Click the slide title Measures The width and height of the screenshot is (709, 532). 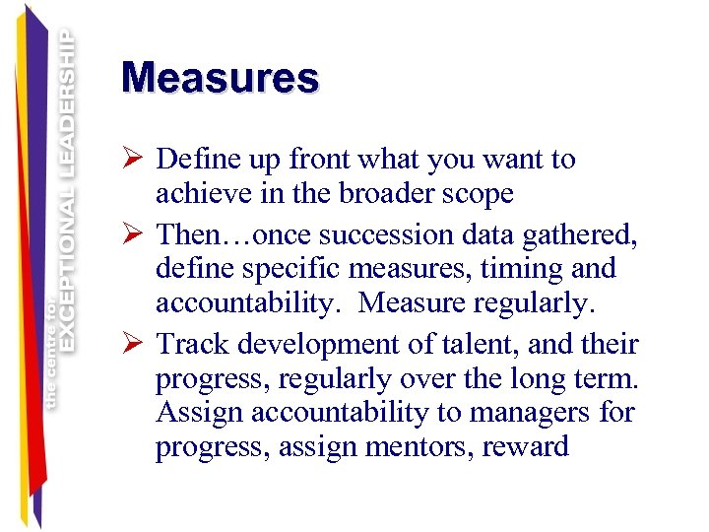pyautogui.click(x=220, y=78)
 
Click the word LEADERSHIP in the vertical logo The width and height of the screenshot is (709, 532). pyautogui.click(x=66, y=102)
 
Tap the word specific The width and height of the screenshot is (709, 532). pyautogui.click(x=270, y=269)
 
